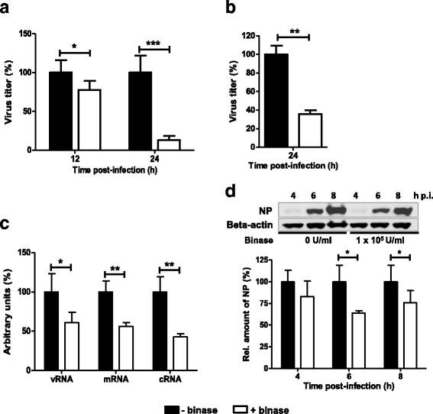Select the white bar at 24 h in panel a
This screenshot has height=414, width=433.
[168, 144]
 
